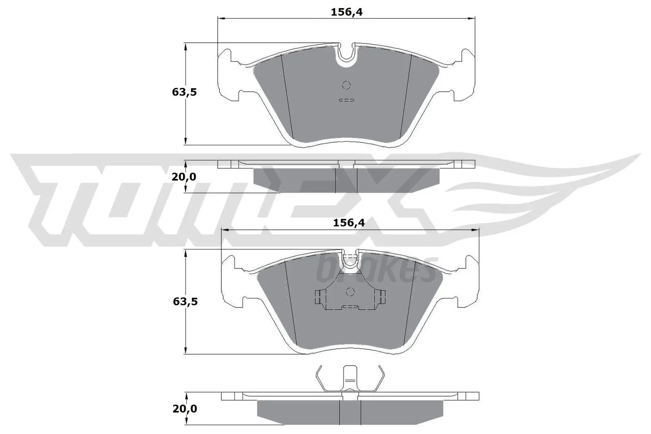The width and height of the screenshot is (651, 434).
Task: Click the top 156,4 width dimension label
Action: pyautogui.click(x=346, y=12)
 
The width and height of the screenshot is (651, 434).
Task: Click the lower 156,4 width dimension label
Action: pyautogui.click(x=349, y=222)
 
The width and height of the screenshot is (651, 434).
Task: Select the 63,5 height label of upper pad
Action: pyautogui.click(x=184, y=92)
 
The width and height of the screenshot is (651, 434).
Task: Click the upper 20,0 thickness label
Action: pyautogui.click(x=184, y=177)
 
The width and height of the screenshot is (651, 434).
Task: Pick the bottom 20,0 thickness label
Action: pyautogui.click(x=185, y=409)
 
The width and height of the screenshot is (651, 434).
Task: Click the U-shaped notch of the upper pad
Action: pyautogui.click(x=346, y=55)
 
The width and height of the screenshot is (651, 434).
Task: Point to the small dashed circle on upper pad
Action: pyautogui.click(x=346, y=85)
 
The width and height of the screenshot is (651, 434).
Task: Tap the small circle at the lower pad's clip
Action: pyautogui.click(x=350, y=292)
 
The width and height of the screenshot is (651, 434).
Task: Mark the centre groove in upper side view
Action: pyautogui.click(x=346, y=179)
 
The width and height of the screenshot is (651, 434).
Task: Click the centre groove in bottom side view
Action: pyautogui.click(x=350, y=411)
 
